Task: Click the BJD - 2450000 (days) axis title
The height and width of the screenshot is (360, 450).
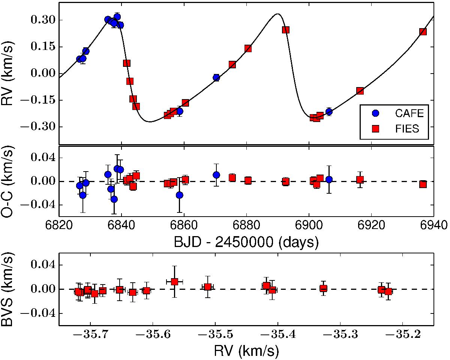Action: click(x=246, y=242)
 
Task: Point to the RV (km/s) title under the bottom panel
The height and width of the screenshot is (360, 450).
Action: click(x=246, y=351)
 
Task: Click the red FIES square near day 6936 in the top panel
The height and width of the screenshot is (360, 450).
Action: click(x=423, y=32)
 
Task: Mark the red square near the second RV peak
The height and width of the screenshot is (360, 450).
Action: click(x=286, y=30)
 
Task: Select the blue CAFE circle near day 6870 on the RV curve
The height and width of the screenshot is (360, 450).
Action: click(x=216, y=77)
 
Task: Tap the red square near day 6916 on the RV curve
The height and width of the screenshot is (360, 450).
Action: click(x=360, y=91)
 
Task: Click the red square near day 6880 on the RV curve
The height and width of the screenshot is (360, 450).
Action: click(x=248, y=48)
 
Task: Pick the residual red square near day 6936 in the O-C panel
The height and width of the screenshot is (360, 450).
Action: click(x=423, y=184)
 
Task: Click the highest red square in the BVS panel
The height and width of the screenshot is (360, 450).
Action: click(x=174, y=282)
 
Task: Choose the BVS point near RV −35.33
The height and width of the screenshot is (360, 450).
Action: click(x=323, y=288)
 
